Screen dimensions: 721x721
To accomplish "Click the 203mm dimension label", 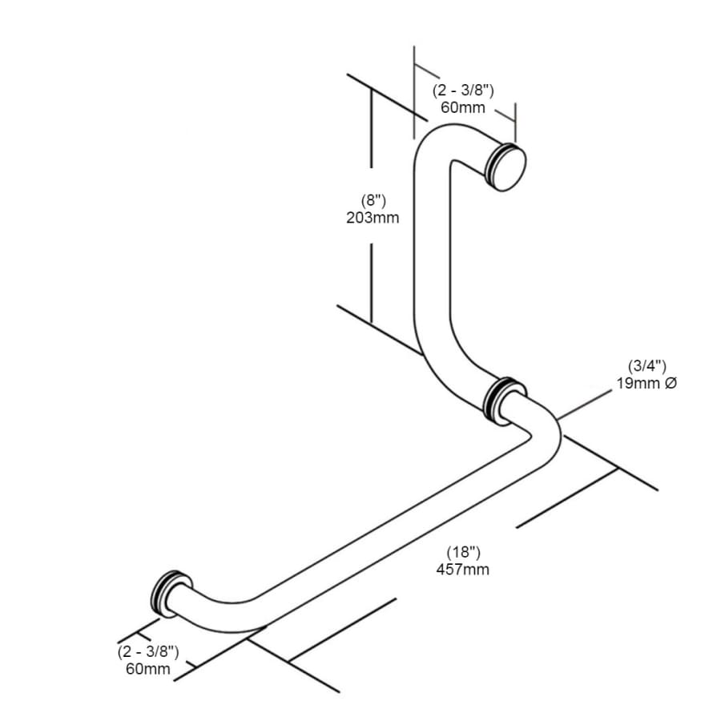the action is pyautogui.click(x=373, y=217).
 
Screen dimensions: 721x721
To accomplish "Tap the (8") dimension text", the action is pyautogui.click(x=373, y=200).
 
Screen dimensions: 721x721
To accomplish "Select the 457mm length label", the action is pyautogui.click(x=462, y=570).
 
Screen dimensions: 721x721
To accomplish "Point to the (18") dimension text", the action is pyautogui.click(x=464, y=552).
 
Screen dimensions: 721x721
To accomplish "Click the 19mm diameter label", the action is pyautogui.click(x=639, y=383).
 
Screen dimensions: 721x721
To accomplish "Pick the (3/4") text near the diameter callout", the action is pyautogui.click(x=647, y=366).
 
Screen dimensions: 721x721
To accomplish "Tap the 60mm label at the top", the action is pyautogui.click(x=462, y=107).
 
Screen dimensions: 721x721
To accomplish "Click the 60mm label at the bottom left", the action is pyautogui.click(x=148, y=669).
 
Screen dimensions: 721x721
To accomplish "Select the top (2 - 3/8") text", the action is pyautogui.click(x=463, y=90).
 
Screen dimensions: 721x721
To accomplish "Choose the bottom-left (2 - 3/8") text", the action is pyautogui.click(x=148, y=651).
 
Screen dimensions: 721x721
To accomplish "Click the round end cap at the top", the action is pyautogui.click(x=507, y=167).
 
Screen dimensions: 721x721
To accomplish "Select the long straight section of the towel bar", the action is pyautogui.click(x=396, y=520).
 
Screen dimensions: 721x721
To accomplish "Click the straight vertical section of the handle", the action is pyautogui.click(x=433, y=244).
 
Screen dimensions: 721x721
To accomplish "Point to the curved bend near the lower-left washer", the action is pyautogui.click(x=221, y=614).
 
